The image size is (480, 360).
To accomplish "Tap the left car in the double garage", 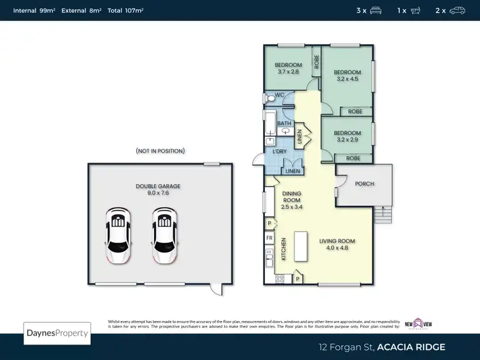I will [x=118, y=235].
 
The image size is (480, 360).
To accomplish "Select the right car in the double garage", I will [x=164, y=235].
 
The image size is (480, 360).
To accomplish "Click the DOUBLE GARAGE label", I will [x=158, y=190].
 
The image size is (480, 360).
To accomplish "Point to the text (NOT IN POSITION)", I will [x=160, y=151].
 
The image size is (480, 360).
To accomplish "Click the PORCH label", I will [x=364, y=184].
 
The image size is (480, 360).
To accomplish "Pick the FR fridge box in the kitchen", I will [x=269, y=237].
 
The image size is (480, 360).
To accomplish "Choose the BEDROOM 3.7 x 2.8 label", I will [x=289, y=68].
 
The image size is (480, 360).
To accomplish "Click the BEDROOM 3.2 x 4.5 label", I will [x=348, y=75].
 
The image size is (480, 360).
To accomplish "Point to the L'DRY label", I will [x=279, y=152].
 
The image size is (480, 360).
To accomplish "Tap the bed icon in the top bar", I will [x=376, y=10].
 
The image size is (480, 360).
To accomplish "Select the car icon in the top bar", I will [x=458, y=10].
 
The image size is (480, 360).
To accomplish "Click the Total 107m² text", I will [x=125, y=10].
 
